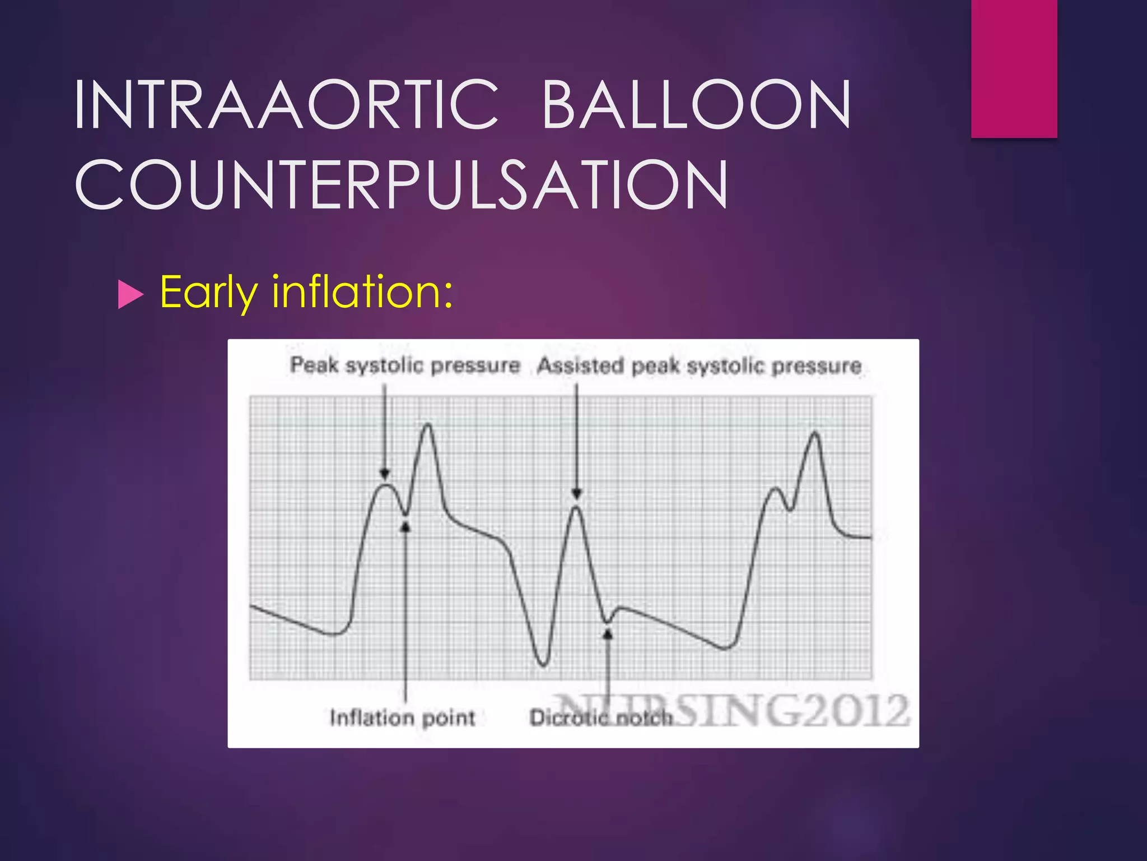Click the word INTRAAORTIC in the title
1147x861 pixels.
(286, 105)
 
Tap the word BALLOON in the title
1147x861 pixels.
(696, 105)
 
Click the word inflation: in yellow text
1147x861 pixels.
(362, 292)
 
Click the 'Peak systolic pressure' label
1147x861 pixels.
(405, 365)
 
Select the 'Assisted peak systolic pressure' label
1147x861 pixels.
(699, 366)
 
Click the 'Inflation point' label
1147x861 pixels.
(402, 717)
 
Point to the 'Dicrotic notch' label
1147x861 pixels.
(601, 717)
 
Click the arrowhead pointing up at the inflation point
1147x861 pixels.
(405, 526)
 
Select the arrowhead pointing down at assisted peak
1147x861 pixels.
(577, 493)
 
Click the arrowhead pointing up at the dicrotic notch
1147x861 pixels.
(608, 633)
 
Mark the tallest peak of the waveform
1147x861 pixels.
(428, 425)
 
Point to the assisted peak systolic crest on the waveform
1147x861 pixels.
(576, 508)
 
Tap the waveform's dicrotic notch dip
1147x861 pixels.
(607, 621)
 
